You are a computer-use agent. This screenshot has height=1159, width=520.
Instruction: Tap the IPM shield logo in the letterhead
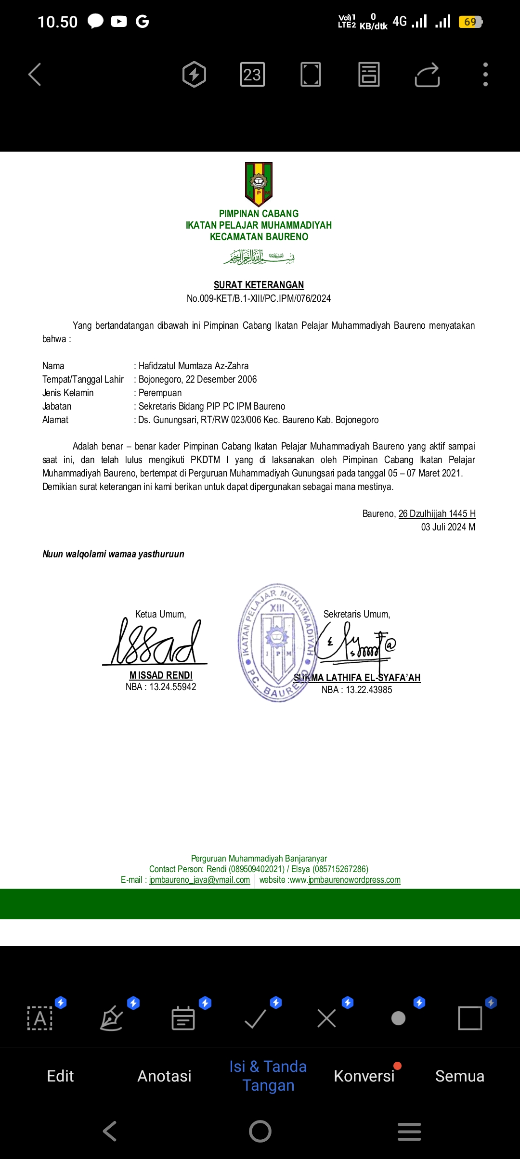(x=259, y=184)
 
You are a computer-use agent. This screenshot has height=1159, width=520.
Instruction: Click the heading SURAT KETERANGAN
(x=259, y=285)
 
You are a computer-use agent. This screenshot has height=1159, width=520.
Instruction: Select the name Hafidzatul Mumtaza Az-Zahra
(x=194, y=366)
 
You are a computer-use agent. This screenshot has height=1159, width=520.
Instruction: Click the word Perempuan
(x=160, y=393)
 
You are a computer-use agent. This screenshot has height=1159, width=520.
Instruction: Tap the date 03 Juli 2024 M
(x=448, y=527)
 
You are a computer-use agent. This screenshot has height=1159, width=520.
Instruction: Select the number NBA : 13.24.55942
(x=161, y=687)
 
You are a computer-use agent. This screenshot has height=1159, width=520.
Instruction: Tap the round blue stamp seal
(x=277, y=643)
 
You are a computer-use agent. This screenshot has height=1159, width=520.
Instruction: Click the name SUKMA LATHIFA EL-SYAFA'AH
(x=357, y=678)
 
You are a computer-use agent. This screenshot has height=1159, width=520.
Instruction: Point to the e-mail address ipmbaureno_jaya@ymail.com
(x=199, y=880)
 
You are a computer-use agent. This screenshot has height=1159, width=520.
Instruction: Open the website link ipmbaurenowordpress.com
(x=354, y=880)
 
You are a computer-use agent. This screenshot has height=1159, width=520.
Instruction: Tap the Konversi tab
(x=364, y=1076)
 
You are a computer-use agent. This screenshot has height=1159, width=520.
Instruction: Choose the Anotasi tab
(x=164, y=1076)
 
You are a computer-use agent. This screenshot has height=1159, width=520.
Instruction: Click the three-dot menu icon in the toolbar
(x=485, y=75)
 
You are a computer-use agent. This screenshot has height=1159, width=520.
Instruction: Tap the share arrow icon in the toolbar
(x=427, y=75)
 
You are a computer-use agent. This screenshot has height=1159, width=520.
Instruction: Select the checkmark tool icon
(x=255, y=1018)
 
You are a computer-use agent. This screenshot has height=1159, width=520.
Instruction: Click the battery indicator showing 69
(x=470, y=22)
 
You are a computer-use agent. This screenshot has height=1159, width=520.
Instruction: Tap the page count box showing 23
(x=252, y=75)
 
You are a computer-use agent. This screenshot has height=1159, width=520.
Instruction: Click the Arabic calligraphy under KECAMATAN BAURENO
(x=259, y=257)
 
